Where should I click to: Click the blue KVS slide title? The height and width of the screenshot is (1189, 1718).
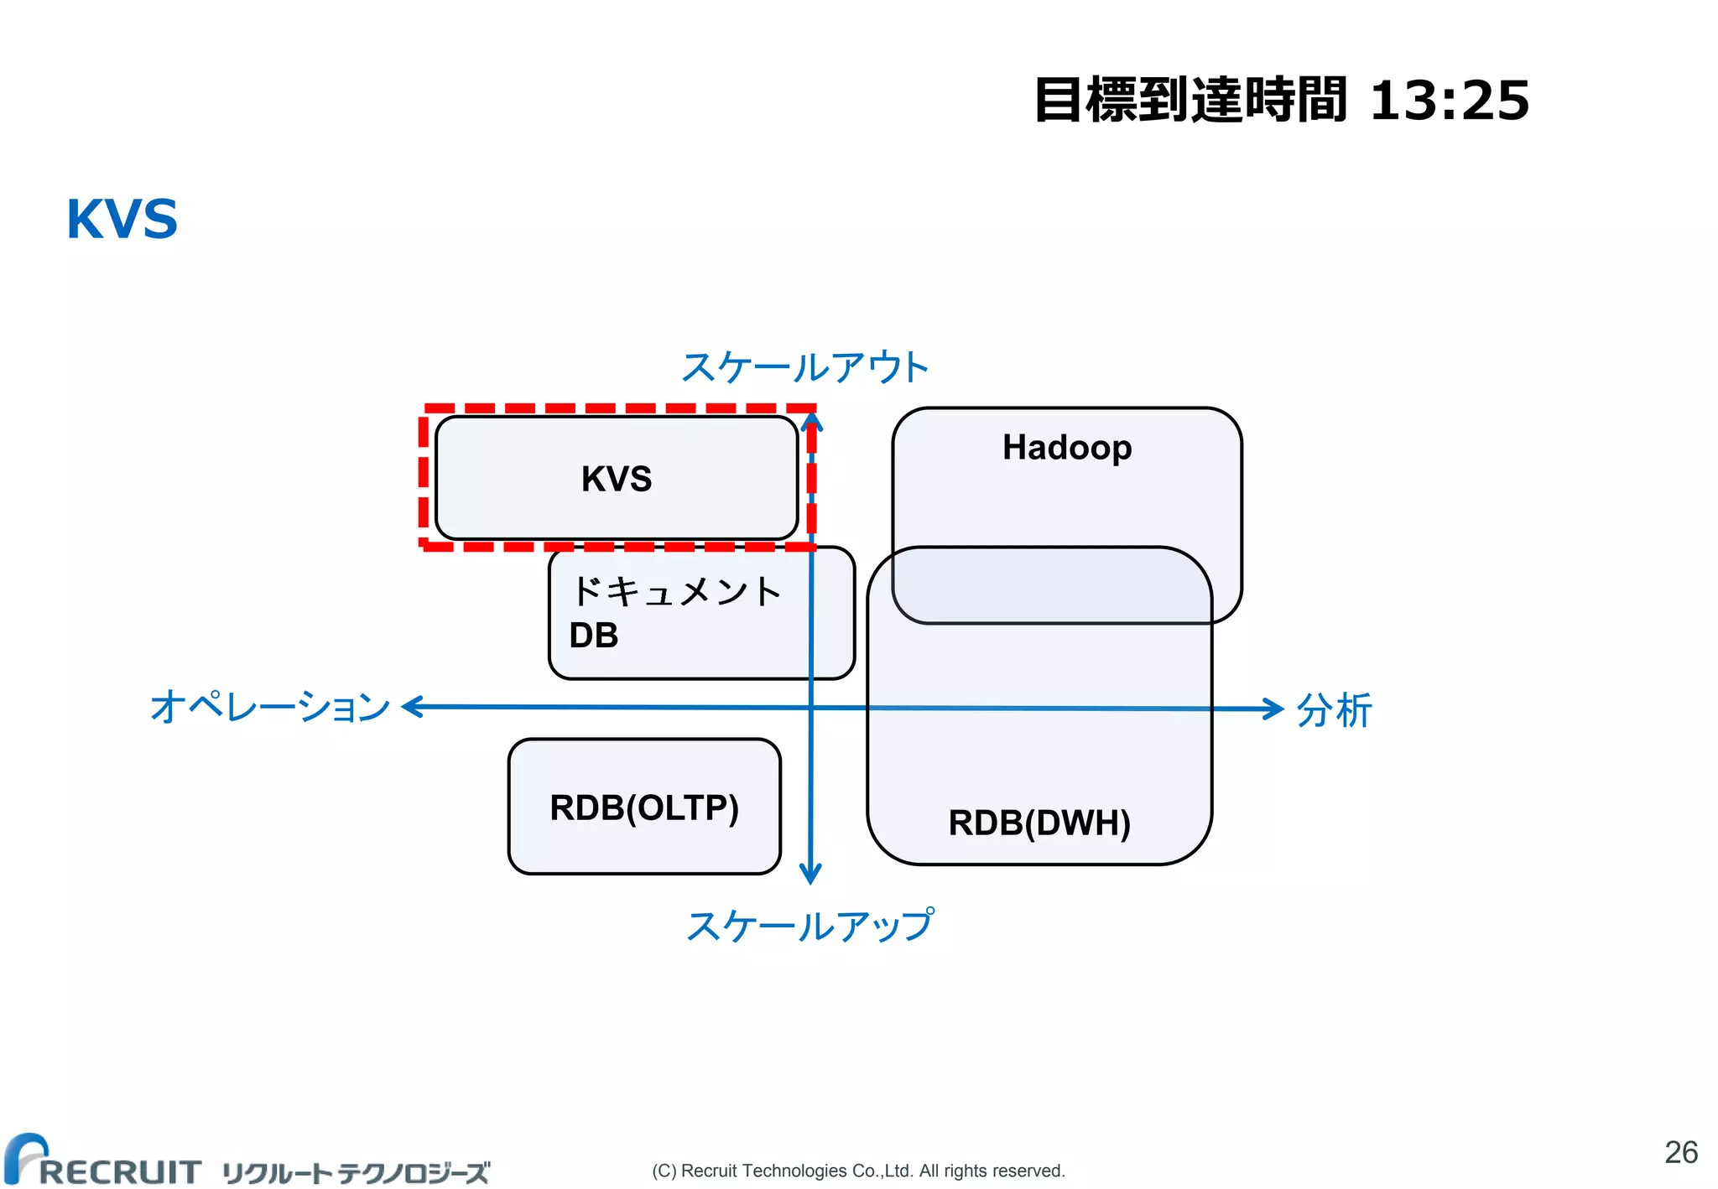[122, 220]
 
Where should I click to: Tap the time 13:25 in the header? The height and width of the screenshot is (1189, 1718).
[1449, 101]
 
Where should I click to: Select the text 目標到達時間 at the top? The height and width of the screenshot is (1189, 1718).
[1191, 101]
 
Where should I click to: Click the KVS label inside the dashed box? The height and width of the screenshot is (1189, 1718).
[617, 479]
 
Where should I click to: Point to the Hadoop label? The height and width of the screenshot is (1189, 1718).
[1067, 448]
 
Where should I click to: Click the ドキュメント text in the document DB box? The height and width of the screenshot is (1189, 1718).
[676, 592]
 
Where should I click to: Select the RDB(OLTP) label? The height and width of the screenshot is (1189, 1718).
[644, 808]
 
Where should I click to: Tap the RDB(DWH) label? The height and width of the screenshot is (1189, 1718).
[1039, 823]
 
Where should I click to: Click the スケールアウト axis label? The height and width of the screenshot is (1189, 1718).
[805, 367]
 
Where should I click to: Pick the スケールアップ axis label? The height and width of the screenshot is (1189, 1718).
[810, 927]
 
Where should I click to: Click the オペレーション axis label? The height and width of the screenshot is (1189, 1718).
[270, 707]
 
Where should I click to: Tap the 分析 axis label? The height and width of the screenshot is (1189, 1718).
[1334, 710]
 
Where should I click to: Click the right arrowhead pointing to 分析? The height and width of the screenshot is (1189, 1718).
[1274, 709]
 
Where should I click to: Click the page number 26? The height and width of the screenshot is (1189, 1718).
[1681, 1153]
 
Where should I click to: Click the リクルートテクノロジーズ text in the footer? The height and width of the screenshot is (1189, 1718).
[356, 1172]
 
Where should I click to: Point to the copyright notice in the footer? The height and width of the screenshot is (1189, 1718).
[858, 1171]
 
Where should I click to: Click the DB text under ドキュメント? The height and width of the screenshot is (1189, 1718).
[594, 636]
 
